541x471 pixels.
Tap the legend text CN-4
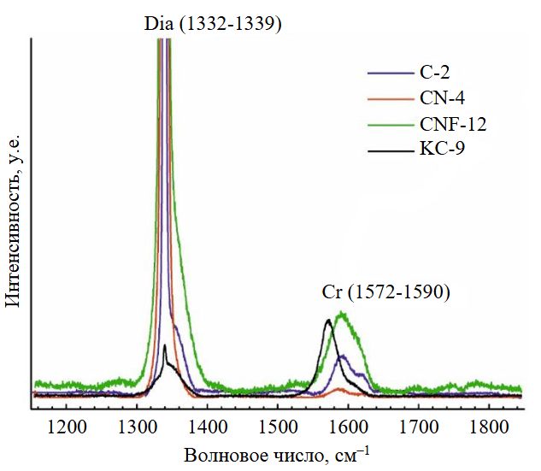tap(444, 98)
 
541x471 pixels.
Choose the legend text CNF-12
tap(453, 125)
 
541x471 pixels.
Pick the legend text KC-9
tap(442, 150)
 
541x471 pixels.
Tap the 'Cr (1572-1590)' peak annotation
tap(385, 291)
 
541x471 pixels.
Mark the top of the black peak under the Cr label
tap(327, 321)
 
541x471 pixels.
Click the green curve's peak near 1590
tap(343, 313)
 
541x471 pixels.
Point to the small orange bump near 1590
tap(341, 389)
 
